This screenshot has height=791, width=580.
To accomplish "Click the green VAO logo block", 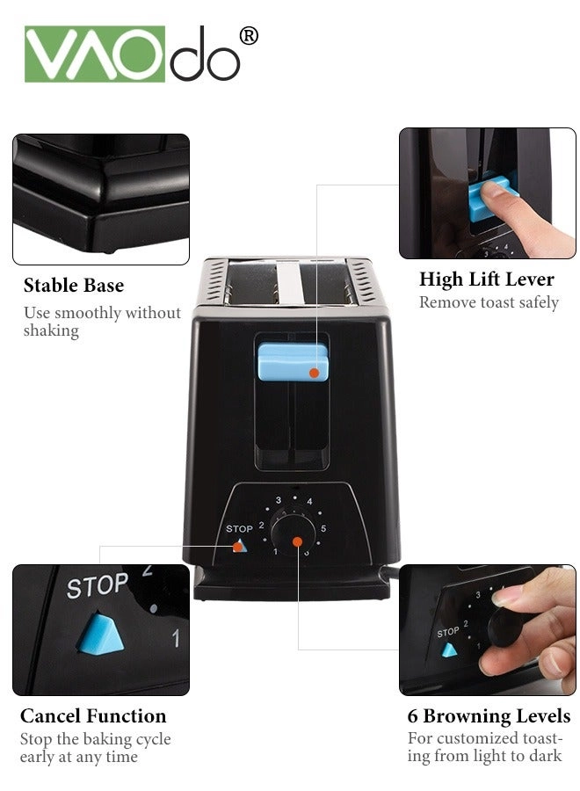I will (94, 54).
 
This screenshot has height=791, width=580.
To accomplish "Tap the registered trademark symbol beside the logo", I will (249, 35).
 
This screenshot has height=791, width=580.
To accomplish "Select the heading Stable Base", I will (74, 286).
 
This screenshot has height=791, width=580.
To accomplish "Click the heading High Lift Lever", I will (487, 279).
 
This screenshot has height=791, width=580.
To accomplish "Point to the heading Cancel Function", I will (93, 716).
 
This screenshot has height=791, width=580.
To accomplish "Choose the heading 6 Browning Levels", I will (489, 716).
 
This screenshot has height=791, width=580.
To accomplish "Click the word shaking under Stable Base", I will (51, 331).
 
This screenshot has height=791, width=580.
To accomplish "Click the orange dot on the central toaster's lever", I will (314, 374).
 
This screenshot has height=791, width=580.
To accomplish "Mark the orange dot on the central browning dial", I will (298, 542).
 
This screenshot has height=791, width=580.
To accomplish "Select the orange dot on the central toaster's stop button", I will (237, 547).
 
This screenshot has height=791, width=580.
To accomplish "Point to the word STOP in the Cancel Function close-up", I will (98, 586).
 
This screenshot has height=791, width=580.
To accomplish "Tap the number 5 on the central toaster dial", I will (323, 528).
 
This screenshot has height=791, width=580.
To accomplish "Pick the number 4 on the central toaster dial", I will (309, 502).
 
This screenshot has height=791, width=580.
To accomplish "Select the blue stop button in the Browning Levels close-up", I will (450, 650).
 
